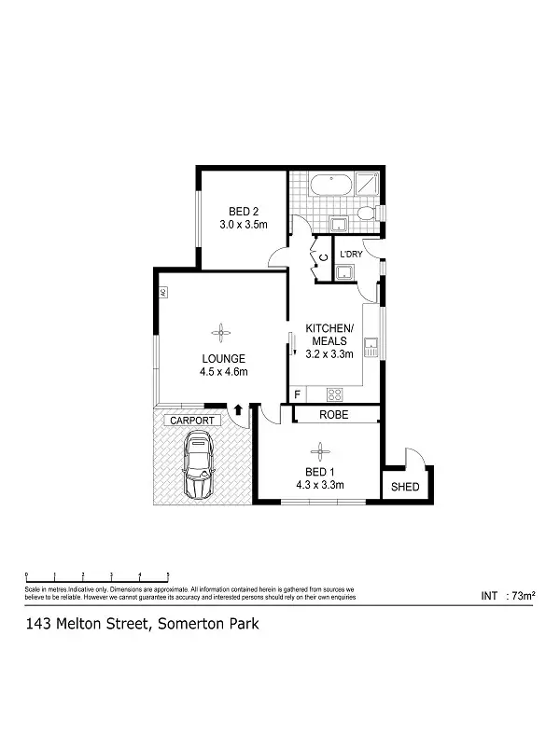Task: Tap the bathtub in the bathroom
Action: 331,185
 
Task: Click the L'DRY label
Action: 351,255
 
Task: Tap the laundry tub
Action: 345,272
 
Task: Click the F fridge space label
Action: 297,394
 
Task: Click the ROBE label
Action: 333,414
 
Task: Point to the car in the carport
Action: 199,471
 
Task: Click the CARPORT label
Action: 191,421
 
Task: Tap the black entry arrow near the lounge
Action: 238,408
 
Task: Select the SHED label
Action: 405,488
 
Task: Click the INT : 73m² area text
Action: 507,595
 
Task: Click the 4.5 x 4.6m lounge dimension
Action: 222,371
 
